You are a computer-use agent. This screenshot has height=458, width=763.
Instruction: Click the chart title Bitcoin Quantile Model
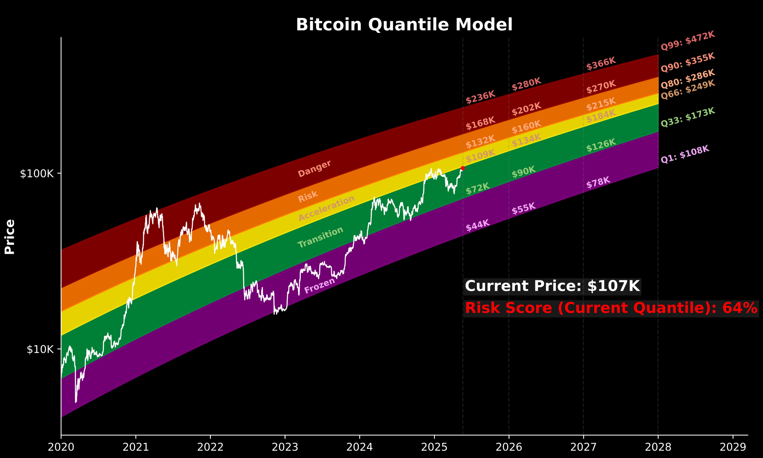pos(404,25)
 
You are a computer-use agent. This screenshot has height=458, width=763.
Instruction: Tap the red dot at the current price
pos(463,168)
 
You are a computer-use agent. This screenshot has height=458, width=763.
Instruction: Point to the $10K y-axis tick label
pos(40,349)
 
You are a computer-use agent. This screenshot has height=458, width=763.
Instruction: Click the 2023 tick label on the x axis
pos(285,447)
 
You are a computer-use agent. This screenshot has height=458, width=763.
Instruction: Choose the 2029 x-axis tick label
pos(733,447)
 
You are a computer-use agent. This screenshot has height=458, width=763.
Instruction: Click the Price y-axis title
pos(10,237)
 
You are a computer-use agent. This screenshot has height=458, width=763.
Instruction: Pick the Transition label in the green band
pos(320,237)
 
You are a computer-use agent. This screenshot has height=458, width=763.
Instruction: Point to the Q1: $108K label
pos(685,154)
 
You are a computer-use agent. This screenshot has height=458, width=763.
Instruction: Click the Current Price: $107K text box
pos(552,286)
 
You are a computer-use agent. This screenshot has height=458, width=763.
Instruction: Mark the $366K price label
pos(601,64)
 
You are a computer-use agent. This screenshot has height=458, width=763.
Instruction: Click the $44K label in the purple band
pos(477,225)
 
